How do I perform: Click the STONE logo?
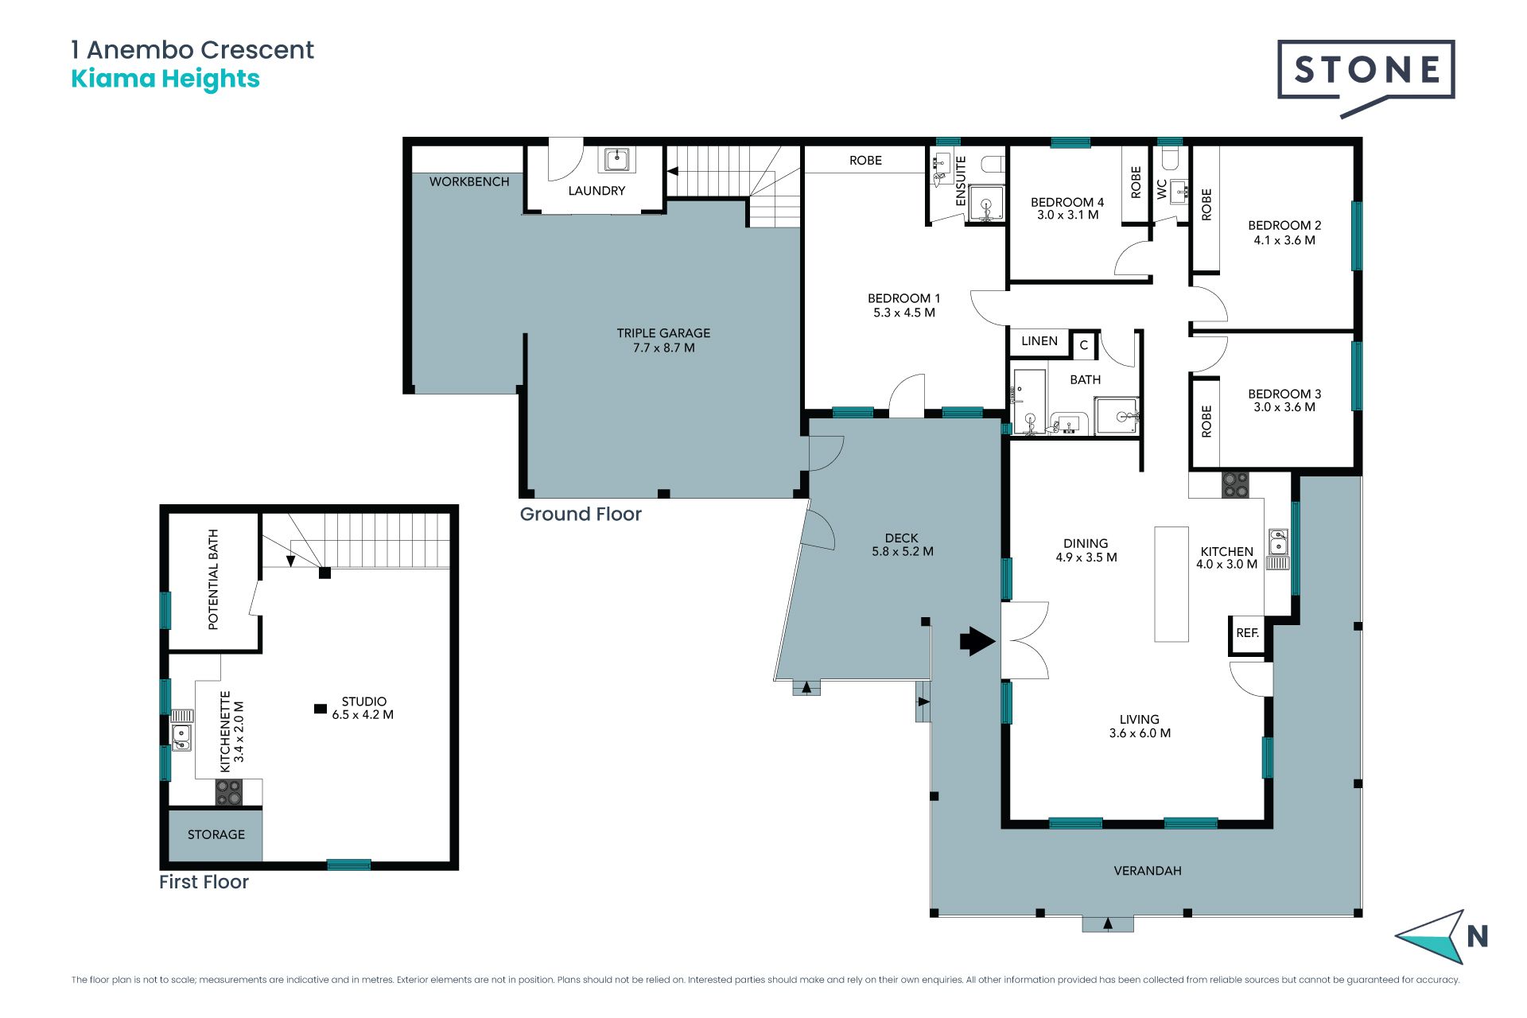click(x=1366, y=76)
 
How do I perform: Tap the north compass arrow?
click(x=1432, y=937)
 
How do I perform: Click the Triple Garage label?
click(x=663, y=340)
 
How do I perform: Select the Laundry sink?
click(x=617, y=159)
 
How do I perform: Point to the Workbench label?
click(x=469, y=182)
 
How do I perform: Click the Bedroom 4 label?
click(x=1067, y=208)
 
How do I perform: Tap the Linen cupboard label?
click(x=1039, y=341)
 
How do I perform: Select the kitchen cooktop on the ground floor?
click(x=1235, y=485)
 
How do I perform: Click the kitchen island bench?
click(x=1171, y=584)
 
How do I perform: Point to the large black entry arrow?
click(x=977, y=641)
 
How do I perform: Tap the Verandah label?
click(x=1148, y=871)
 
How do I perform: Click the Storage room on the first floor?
click(x=216, y=834)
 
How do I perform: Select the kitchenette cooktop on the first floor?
click(x=229, y=792)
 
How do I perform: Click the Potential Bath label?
click(x=213, y=579)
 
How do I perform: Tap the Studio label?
click(x=363, y=708)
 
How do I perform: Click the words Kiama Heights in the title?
click(x=165, y=79)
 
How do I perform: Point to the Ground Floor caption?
click(x=581, y=515)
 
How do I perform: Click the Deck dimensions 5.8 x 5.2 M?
click(x=903, y=551)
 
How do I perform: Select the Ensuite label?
click(x=961, y=181)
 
